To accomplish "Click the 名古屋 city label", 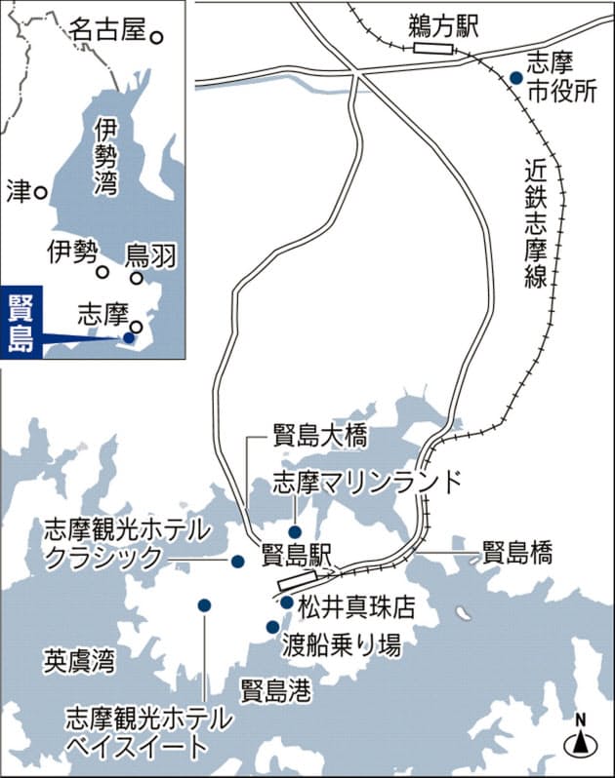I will click(107, 29).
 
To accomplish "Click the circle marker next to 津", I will click(41, 192).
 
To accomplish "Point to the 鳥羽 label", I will click(151, 255).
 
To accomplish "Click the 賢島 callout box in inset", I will click(20, 325).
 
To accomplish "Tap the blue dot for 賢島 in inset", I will click(128, 337).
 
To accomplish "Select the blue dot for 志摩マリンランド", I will click(293, 504).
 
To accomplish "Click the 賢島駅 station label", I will click(299, 555).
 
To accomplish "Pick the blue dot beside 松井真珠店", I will click(286, 603).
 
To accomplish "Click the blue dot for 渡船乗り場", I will click(271, 627).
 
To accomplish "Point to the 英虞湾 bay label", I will click(79, 661).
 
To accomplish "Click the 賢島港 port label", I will click(276, 690).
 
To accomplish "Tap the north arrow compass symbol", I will click(580, 740).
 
